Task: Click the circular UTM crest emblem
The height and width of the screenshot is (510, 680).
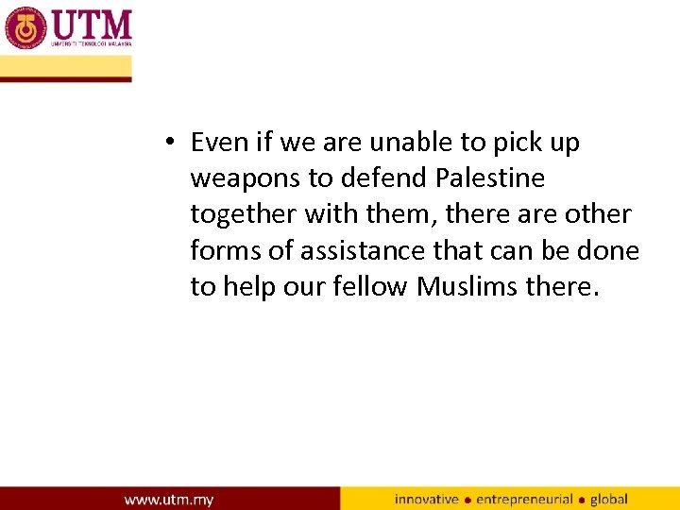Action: coord(25,27)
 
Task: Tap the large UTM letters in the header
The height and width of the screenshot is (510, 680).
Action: coord(93,23)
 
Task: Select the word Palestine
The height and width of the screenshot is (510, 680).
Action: coord(491,178)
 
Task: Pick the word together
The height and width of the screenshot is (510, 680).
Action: coord(244,215)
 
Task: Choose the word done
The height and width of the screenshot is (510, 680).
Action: coord(608,250)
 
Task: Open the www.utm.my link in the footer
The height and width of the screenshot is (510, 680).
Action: coord(169,499)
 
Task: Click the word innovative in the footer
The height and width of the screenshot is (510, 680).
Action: coord(426,499)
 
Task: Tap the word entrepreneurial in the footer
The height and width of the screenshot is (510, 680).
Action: coord(524,499)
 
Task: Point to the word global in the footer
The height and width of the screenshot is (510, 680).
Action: coord(609,499)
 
